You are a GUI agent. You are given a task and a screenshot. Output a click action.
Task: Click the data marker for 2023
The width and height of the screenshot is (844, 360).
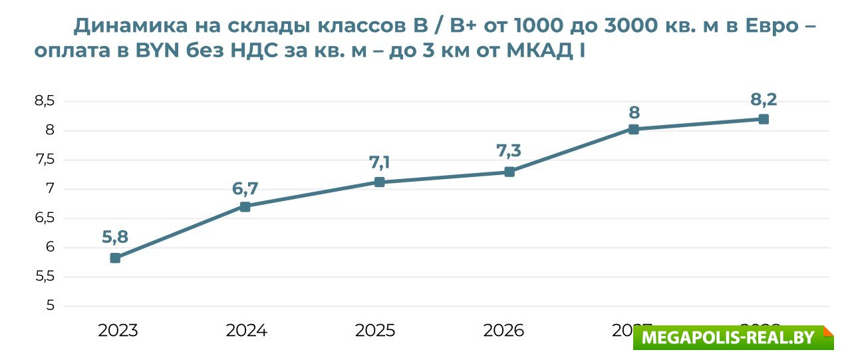(115, 258)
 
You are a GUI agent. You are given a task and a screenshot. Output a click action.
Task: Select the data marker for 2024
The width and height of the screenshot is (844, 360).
(245, 206)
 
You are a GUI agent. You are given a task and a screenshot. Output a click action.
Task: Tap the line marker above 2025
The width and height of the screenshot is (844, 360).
(379, 182)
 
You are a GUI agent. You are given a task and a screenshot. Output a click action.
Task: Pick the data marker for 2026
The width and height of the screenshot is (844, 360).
(509, 172)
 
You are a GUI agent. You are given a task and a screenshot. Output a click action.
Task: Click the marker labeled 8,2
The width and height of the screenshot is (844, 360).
(764, 119)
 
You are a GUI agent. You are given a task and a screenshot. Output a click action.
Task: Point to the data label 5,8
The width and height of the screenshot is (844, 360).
(115, 236)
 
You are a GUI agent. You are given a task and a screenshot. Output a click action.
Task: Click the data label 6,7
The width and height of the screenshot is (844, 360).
(245, 189)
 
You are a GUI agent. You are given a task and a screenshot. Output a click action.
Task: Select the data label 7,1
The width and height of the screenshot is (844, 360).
(379, 163)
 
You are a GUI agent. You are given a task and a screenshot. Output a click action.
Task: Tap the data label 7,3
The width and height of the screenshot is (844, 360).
(509, 151)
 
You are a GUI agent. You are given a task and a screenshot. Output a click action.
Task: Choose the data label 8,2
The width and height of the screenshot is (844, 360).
(764, 100)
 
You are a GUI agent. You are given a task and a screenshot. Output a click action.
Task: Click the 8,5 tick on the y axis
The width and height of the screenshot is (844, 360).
(45, 101)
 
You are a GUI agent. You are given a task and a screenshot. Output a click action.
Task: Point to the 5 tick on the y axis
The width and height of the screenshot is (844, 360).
(49, 306)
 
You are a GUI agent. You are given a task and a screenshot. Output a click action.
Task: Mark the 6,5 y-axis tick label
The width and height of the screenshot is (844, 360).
(45, 218)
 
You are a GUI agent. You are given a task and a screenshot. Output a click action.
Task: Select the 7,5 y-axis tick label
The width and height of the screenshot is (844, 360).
(45, 160)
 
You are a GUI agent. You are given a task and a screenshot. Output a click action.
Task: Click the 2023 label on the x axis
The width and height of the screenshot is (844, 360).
(118, 331)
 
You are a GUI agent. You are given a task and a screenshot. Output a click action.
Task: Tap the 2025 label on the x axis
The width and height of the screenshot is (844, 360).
(375, 331)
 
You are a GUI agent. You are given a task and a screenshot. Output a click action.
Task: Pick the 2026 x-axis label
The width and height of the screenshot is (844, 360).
(503, 331)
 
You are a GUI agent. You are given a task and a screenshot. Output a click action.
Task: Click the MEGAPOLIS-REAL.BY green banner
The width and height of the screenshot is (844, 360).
(732, 337)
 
